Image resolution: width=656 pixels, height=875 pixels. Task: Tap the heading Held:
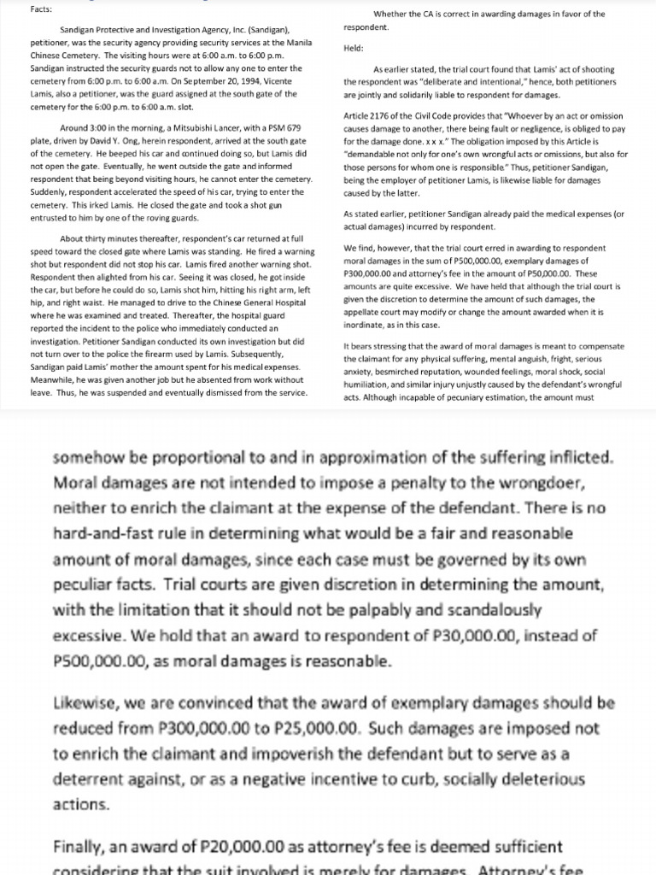click(x=354, y=49)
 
